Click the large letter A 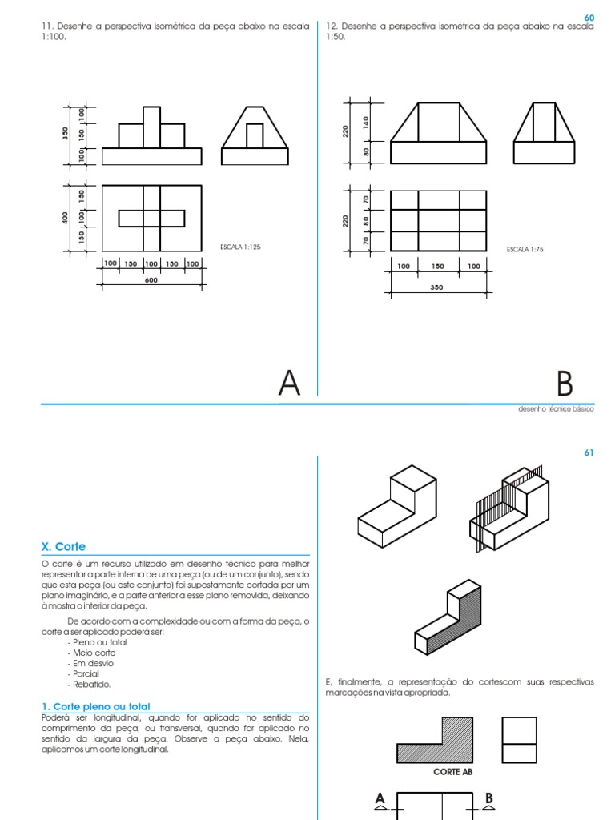click(289, 383)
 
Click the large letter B click(565, 384)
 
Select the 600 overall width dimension click(151, 280)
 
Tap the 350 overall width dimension click(436, 287)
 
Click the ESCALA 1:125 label click(240, 247)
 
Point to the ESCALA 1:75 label click(525, 250)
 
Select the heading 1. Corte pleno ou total click(94, 706)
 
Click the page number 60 click(589, 17)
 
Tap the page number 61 click(589, 453)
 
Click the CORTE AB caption click(453, 772)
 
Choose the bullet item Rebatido click(90, 684)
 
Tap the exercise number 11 click(46, 26)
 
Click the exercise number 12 click(331, 26)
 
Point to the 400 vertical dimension click(66, 217)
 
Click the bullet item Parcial click(86, 673)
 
